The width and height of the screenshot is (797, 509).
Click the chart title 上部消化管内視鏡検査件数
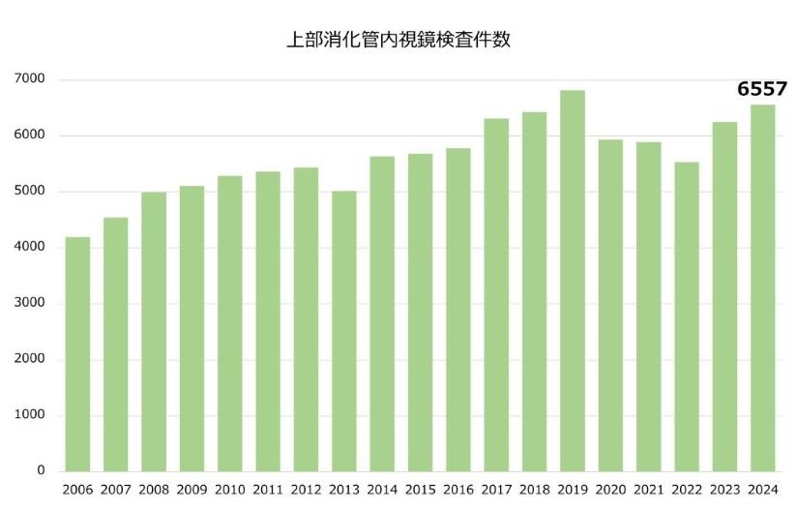[398, 41]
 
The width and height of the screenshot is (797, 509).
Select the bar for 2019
[573, 281]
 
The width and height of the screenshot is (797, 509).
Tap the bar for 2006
[77, 354]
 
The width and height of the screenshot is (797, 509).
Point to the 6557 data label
[762, 89]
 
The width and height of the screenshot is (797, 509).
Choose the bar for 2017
[496, 295]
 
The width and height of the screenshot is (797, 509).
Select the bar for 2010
[229, 323]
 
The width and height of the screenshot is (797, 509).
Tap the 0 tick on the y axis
[41, 471]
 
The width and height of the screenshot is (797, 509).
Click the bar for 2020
[610, 306]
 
